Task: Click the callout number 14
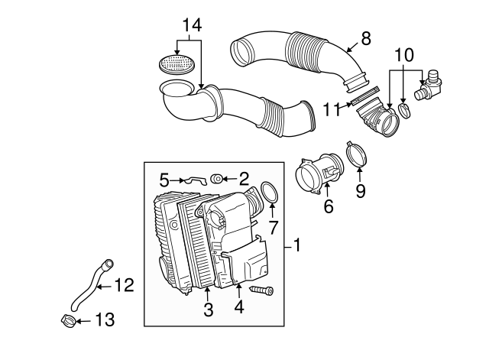click(x=191, y=24)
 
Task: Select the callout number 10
click(x=404, y=56)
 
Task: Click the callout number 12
click(x=123, y=286)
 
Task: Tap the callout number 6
click(x=329, y=206)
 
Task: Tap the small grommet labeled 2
click(x=218, y=180)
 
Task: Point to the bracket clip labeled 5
click(x=196, y=180)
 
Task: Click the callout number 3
click(x=207, y=310)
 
